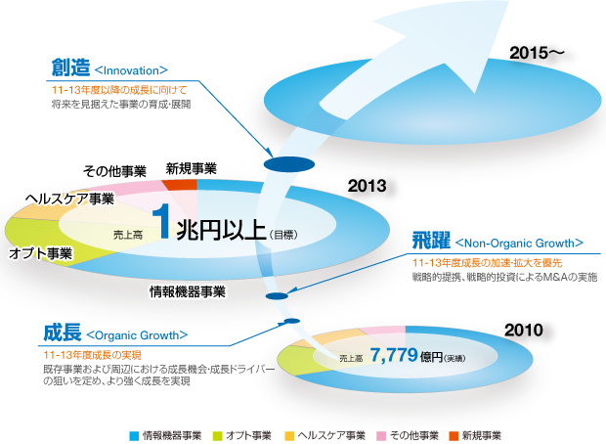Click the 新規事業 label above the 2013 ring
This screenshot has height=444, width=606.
192,168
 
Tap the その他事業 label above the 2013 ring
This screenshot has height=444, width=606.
115,171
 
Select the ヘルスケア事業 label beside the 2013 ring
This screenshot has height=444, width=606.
70,199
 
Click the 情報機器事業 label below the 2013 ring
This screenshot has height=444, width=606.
188,291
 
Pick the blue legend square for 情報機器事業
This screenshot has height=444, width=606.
134,433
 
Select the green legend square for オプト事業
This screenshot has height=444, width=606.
216,433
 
